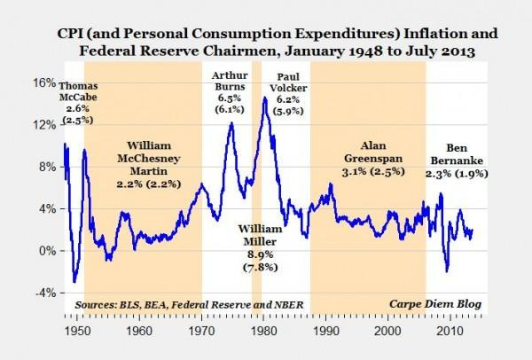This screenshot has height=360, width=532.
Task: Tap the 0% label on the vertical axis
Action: point(45,251)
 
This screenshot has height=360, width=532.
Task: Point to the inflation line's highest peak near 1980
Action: point(264,98)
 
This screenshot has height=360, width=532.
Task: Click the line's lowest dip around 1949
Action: point(74,282)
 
